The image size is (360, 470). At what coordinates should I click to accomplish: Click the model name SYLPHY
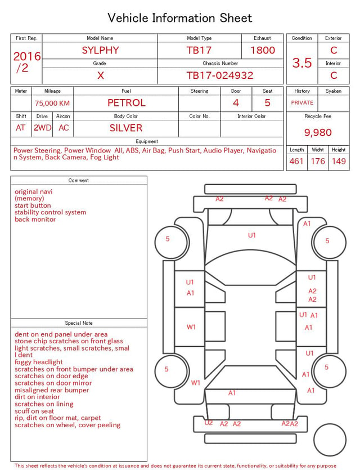pos(100,50)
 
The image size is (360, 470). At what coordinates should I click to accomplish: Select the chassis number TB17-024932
pos(220,75)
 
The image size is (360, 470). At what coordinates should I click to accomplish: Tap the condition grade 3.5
pos(302,62)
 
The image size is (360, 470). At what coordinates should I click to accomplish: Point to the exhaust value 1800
pos(263,50)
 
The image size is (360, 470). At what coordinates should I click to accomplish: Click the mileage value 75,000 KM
pos(52,103)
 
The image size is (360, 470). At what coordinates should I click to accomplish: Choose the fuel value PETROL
pos(127,103)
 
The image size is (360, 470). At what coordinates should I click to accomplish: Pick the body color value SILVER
pos(126,128)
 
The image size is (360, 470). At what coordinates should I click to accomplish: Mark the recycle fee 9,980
pos(318,132)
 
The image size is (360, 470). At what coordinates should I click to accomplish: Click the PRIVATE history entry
pos(302,102)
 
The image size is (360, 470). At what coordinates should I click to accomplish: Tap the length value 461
pos(296,161)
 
